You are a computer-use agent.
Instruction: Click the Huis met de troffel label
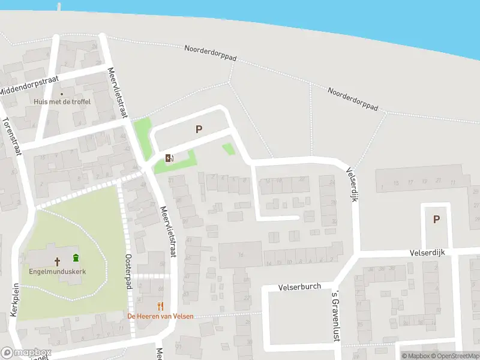pos(62,102)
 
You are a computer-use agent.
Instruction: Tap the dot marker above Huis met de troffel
pos(61,94)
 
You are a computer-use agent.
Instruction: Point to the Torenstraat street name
pos(12,136)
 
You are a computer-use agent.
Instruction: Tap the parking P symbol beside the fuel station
pos(199,129)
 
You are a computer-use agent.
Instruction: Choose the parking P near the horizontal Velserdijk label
pos(436,220)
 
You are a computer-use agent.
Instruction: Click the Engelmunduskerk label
pos(58,271)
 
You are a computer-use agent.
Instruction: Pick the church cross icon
pos(58,261)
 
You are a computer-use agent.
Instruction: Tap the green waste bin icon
pos(76,259)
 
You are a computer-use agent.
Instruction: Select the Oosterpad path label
pos(128,271)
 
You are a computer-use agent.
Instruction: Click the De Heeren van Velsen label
pos(160,316)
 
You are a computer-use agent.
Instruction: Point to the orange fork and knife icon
pos(160,306)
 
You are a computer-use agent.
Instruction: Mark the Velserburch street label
pos(300,287)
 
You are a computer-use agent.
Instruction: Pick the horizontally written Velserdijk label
pos(428,253)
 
